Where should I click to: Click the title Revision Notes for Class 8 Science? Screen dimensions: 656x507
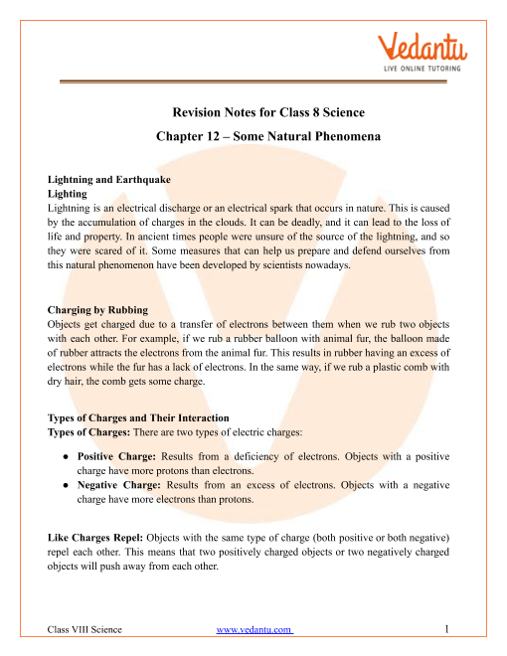[254, 113]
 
